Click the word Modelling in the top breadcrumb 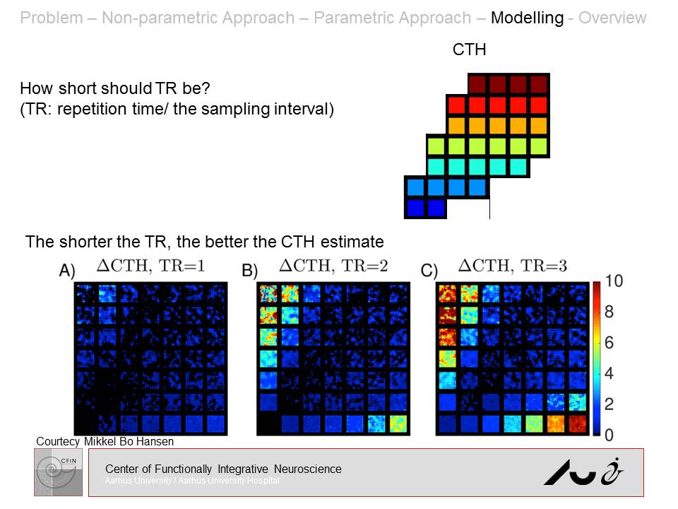click(527, 18)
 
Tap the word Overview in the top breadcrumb click(612, 18)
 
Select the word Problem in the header click(51, 18)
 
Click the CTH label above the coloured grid click(469, 49)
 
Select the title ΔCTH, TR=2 click(333, 266)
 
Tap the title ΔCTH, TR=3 click(513, 266)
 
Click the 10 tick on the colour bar click(614, 281)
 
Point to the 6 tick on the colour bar click(614, 343)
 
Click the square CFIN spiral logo click(58, 472)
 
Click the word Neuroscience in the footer click(308, 469)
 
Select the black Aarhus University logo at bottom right click(583, 472)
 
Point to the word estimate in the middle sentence click(352, 242)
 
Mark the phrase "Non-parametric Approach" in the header click(197, 18)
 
